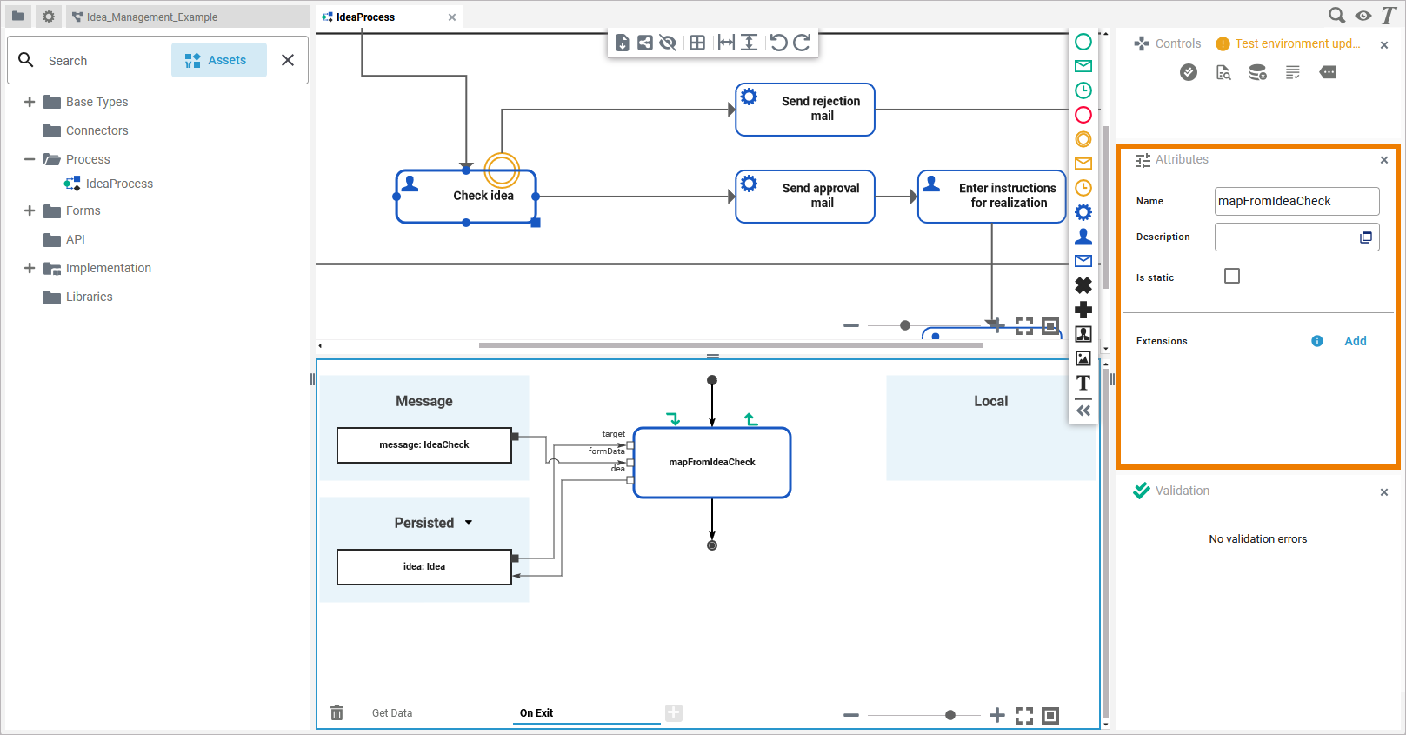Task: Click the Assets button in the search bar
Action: [x=218, y=60]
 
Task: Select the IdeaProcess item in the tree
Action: [x=119, y=184]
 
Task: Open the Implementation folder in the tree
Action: [x=108, y=268]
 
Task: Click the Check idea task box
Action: [x=466, y=197]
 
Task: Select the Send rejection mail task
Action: [x=805, y=110]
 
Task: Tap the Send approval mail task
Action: [x=805, y=197]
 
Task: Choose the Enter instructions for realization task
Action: [x=992, y=197]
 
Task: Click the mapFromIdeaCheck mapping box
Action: [x=712, y=463]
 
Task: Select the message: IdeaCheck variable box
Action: [x=424, y=445]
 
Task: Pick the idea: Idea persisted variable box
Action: [x=424, y=567]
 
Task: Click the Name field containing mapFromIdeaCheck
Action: [x=1296, y=201]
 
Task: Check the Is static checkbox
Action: [x=1232, y=276]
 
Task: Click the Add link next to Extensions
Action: [x=1355, y=341]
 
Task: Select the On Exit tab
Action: [x=536, y=713]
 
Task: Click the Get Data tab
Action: [x=392, y=713]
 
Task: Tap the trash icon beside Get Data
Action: [x=337, y=713]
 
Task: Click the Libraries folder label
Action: [x=90, y=297]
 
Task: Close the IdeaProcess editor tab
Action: [x=452, y=17]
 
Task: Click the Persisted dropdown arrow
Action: [x=469, y=523]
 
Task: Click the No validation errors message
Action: [x=1257, y=539]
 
